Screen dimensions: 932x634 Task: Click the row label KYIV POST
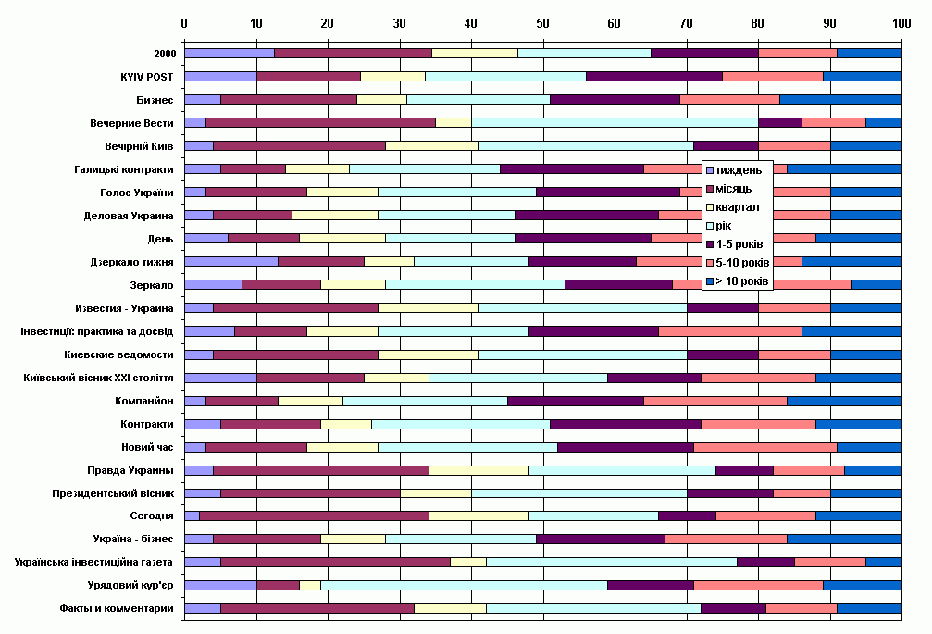coord(147,77)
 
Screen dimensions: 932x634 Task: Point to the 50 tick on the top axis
coord(542,23)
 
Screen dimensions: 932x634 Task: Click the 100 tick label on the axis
coord(901,23)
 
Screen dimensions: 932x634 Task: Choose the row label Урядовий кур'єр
coord(130,585)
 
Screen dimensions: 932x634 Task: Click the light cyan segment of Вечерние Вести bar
coord(615,123)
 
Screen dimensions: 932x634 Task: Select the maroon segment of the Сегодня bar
coord(314,516)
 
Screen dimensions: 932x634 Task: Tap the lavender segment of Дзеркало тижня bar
coord(231,261)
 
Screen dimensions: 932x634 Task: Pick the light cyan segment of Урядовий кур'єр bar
coord(464,585)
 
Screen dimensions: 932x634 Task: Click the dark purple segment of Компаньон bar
coord(576,401)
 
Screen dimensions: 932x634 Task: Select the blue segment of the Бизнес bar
coord(840,100)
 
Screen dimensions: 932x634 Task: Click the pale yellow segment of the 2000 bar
coord(474,54)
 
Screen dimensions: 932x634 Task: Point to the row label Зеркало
coord(152,285)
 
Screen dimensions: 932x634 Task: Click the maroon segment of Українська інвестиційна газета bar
coord(335,562)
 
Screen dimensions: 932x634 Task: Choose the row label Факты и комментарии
coord(117,608)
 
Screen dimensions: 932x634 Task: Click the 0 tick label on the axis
coord(184,23)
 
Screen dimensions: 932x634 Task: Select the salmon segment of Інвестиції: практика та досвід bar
coord(730,331)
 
